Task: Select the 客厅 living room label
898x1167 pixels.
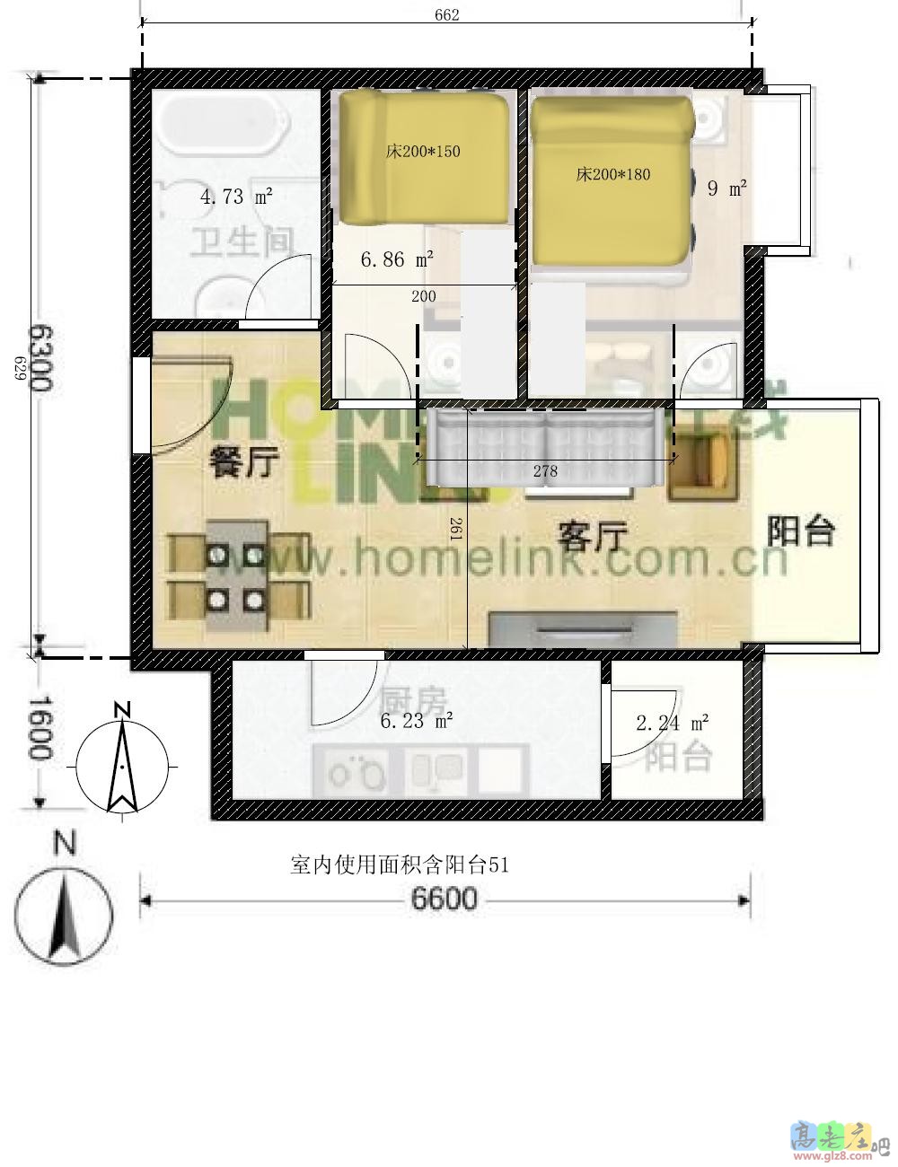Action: [x=592, y=538]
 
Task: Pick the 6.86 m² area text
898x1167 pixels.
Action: [x=397, y=259]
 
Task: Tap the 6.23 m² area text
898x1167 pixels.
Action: [x=416, y=720]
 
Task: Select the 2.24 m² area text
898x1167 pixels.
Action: [x=673, y=723]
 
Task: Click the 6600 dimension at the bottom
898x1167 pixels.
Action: [x=445, y=899]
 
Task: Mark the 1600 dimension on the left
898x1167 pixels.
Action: [x=40, y=728]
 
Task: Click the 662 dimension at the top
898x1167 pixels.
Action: [x=446, y=15]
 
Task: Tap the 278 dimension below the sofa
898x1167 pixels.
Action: [x=545, y=470]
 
